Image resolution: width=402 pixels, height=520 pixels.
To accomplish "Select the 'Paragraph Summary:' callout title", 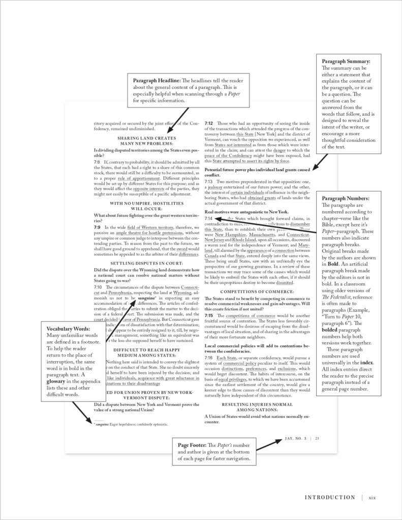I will [x=346, y=62].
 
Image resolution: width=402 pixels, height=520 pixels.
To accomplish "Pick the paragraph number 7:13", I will [x=209, y=181].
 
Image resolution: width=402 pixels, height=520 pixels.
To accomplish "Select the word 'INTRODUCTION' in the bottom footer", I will [x=330, y=497].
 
